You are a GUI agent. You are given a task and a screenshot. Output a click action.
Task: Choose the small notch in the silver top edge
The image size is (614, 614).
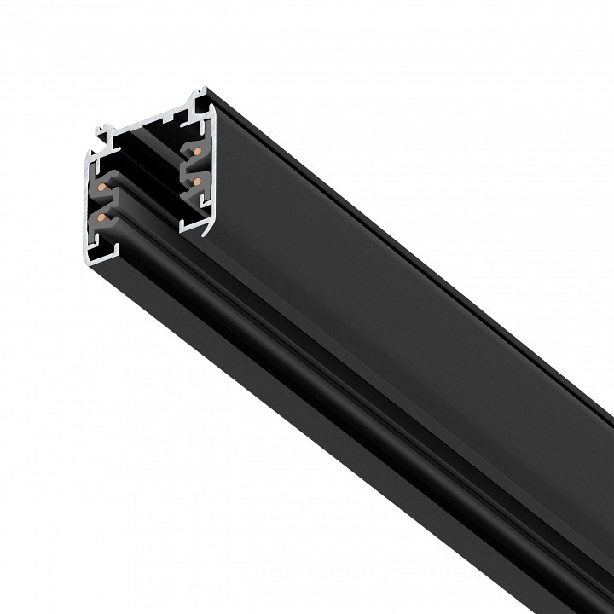tap(176, 112)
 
